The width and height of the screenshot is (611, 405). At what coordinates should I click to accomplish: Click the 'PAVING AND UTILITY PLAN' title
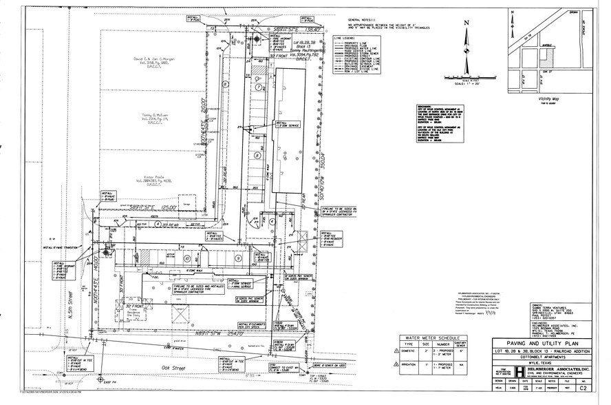click(541, 343)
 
